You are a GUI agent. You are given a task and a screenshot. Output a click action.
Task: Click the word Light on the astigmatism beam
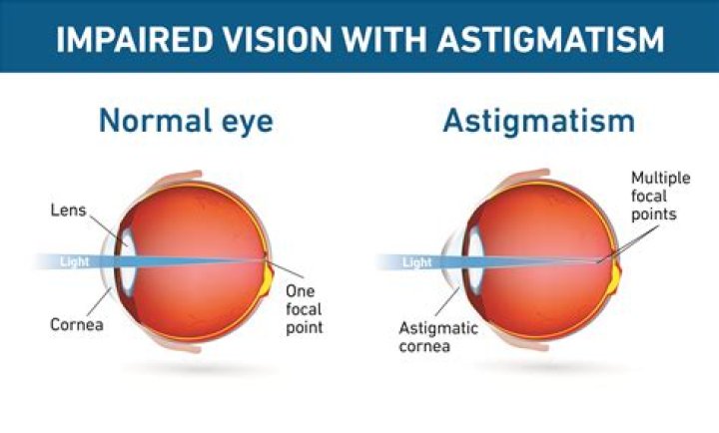(x=417, y=262)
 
